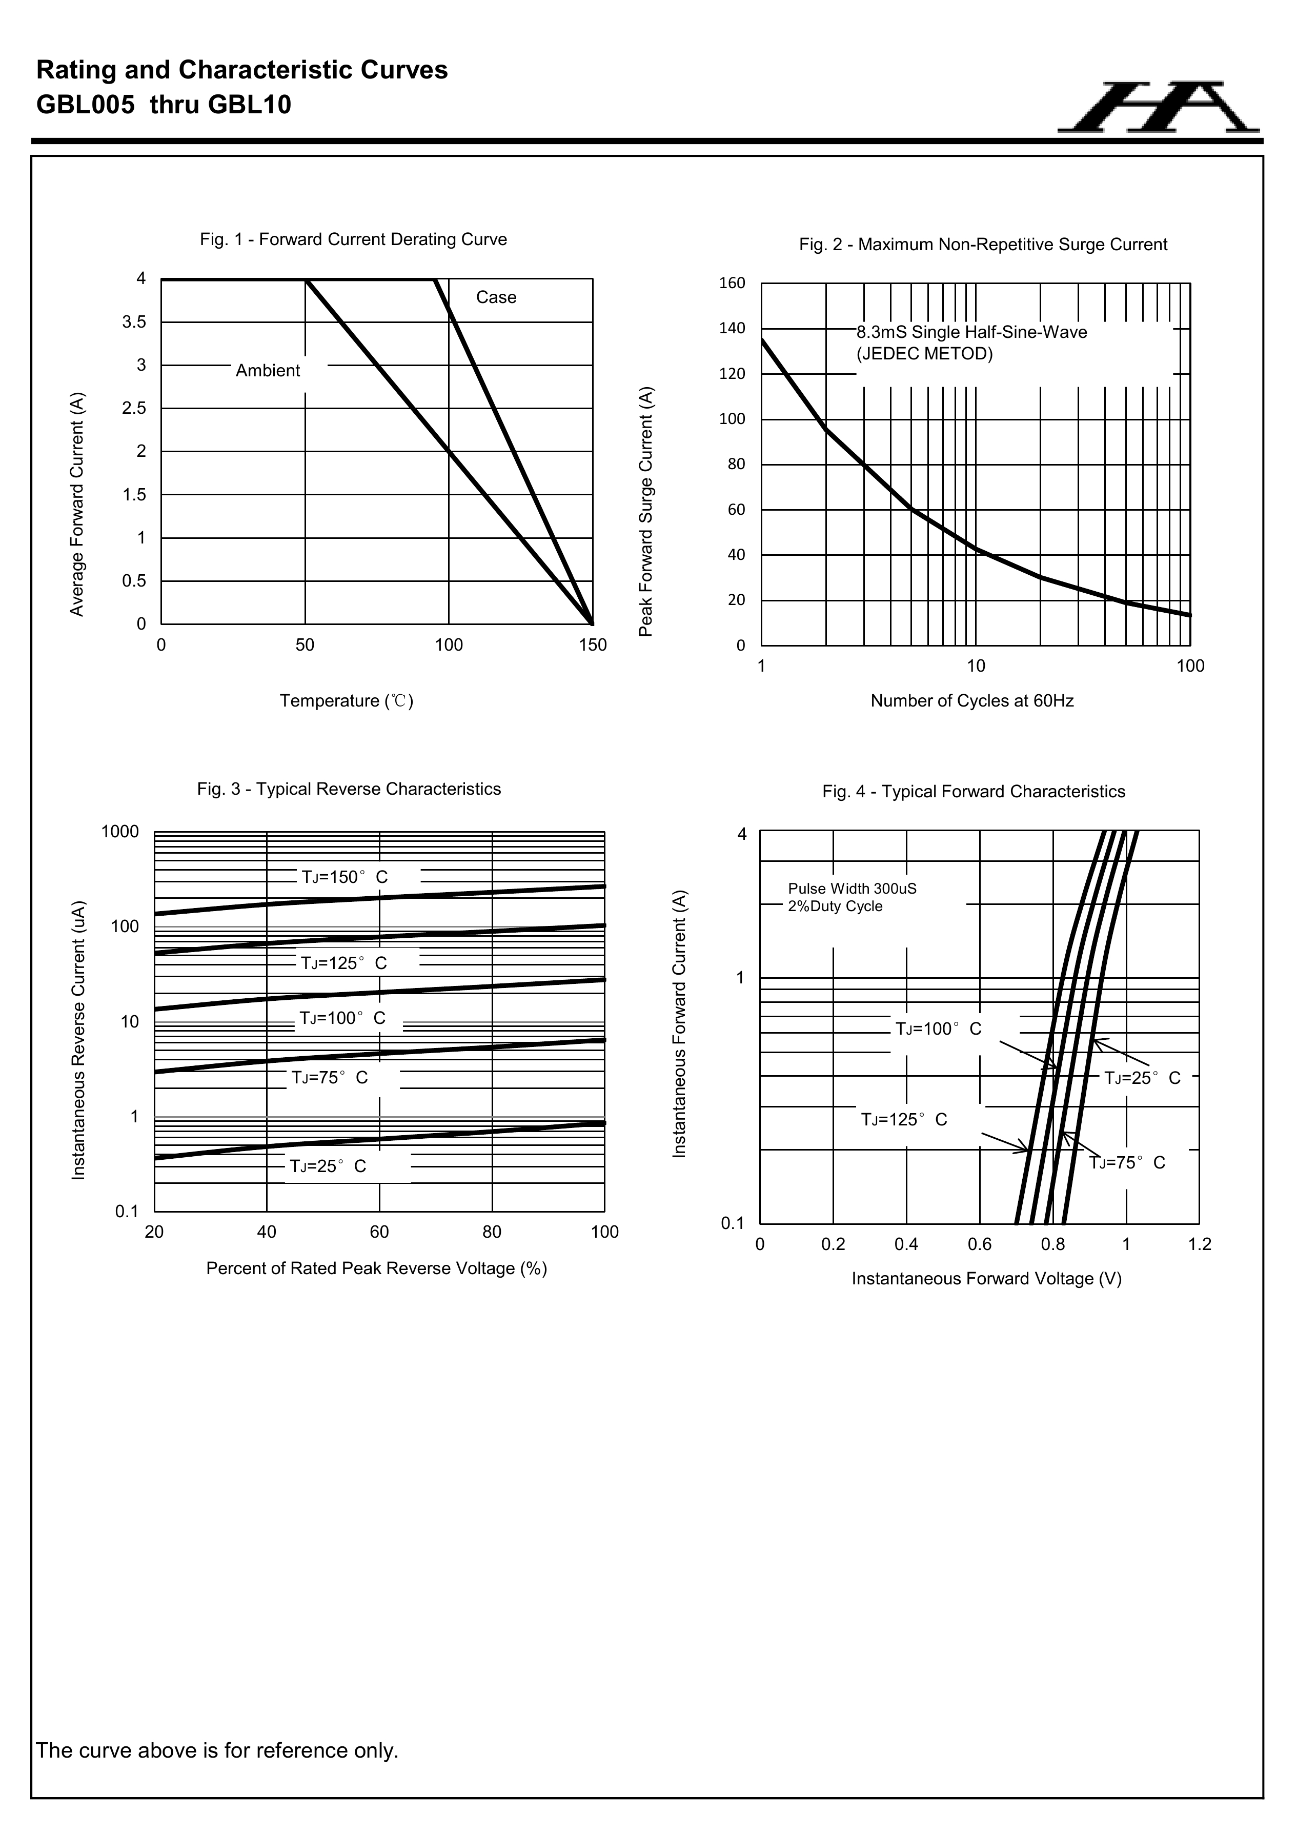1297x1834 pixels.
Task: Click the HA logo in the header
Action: [x=1158, y=106]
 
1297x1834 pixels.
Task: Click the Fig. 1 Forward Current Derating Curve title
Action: [x=353, y=239]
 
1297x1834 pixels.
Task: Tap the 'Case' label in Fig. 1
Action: [x=496, y=297]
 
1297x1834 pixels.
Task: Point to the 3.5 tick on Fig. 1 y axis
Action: [x=134, y=322]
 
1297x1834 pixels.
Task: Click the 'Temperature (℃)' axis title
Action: [x=347, y=700]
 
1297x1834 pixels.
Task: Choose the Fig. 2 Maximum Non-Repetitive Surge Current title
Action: [x=982, y=245]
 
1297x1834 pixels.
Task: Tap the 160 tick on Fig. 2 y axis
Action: [x=732, y=283]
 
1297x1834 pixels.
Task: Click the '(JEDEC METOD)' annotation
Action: [x=924, y=353]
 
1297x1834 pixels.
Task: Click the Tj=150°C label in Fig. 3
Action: [x=344, y=877]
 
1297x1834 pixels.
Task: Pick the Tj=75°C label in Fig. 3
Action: [x=329, y=1078]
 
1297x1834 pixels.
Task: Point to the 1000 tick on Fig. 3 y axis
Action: [x=120, y=832]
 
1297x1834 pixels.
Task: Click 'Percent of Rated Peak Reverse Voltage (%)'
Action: [x=376, y=1268]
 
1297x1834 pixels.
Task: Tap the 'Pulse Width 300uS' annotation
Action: [x=852, y=888]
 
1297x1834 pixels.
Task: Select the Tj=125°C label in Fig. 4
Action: [x=904, y=1119]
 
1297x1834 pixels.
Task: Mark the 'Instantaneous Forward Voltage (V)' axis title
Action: [x=986, y=1279]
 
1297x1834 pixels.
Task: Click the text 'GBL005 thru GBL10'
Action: [x=164, y=105]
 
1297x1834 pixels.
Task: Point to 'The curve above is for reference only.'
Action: [x=217, y=1750]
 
